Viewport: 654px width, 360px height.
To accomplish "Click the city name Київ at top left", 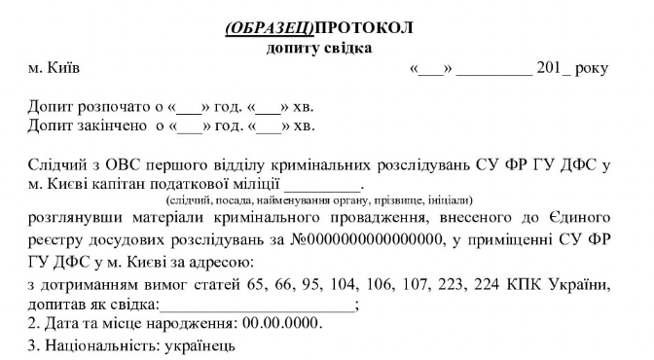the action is (67, 69).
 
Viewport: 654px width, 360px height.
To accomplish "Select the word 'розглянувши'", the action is (75, 217).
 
